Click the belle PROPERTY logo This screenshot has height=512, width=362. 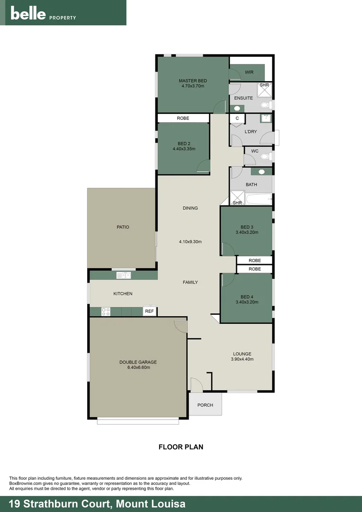tap(43, 14)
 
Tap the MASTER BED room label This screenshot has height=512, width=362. tap(192, 81)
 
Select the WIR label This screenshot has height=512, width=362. tap(249, 73)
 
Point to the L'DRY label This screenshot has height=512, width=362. tap(251, 132)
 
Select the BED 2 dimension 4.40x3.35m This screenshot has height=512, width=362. tap(184, 149)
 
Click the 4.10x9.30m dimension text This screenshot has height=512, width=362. tap(190, 242)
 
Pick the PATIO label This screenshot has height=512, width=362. tap(123, 227)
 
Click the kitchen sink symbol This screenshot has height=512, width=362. tap(124, 275)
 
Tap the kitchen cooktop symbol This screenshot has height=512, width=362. tap(106, 311)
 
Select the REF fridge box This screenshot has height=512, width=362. tap(150, 311)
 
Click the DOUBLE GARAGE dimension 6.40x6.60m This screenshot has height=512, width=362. tap(138, 367)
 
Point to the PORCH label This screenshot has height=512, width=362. tap(205, 405)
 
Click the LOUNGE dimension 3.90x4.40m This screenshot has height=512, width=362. tap(242, 359)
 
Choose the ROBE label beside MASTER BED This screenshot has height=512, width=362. tap(183, 118)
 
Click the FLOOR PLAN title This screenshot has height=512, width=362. tap(181, 447)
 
